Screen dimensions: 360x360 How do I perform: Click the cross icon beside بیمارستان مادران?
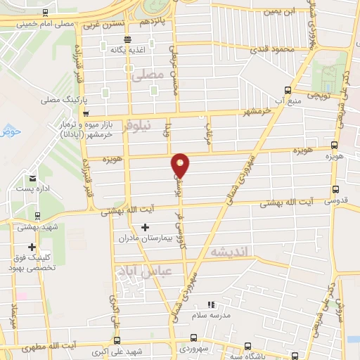click(x=146, y=227)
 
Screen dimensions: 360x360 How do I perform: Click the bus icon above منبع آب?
click(x=287, y=90)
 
